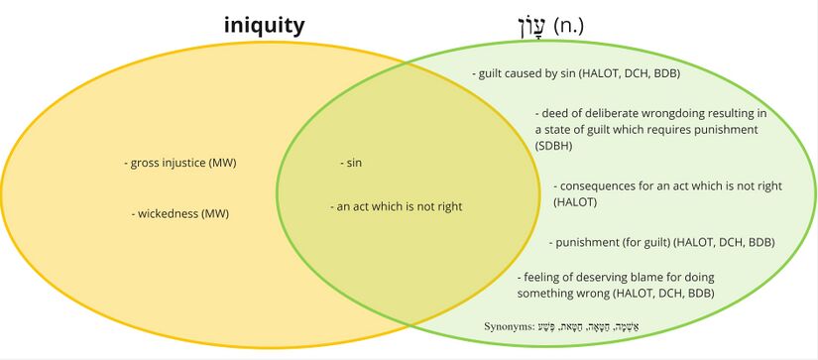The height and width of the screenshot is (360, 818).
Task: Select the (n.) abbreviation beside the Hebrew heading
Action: (x=567, y=25)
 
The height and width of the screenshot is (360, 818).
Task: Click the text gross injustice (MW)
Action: (x=183, y=163)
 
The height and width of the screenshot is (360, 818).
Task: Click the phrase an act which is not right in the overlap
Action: (x=396, y=207)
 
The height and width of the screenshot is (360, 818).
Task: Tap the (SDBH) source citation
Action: (x=553, y=146)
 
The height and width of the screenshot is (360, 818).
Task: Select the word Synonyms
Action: (x=509, y=325)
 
